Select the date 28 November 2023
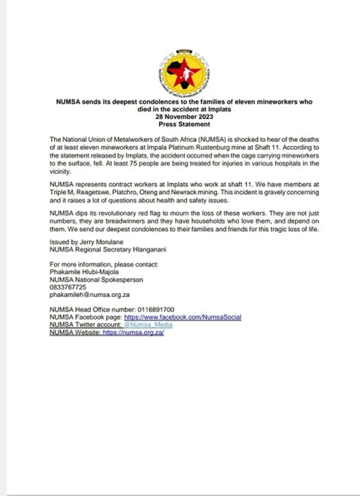[184, 117]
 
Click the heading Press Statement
[184, 124]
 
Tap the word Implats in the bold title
[220, 109]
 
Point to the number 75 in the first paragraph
[132, 164]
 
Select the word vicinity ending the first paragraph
[60, 172]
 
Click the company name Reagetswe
[93, 192]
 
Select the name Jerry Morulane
[102, 242]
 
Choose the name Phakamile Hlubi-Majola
[84, 272]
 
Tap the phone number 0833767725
[68, 287]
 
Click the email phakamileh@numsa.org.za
[90, 295]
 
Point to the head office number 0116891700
[156, 310]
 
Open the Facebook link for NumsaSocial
[183, 317]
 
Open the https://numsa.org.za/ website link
[133, 333]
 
